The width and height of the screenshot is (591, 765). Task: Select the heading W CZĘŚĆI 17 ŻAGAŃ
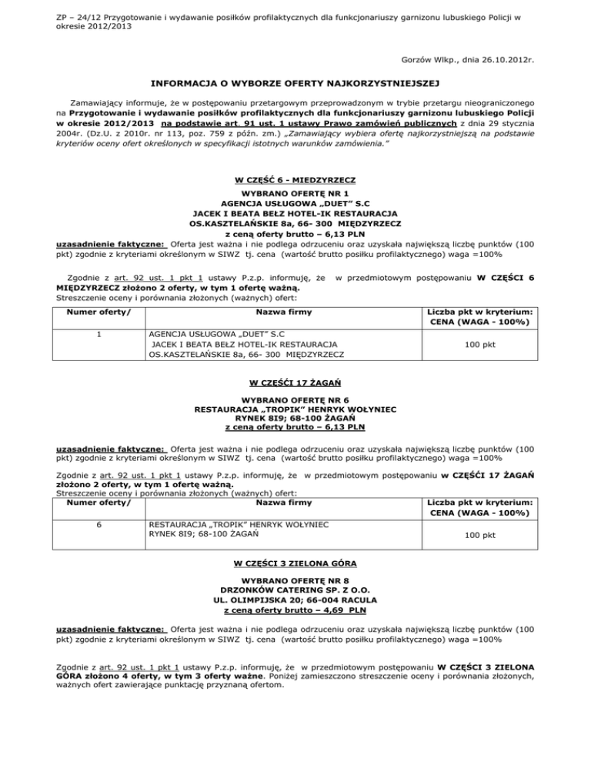(x=295, y=382)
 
